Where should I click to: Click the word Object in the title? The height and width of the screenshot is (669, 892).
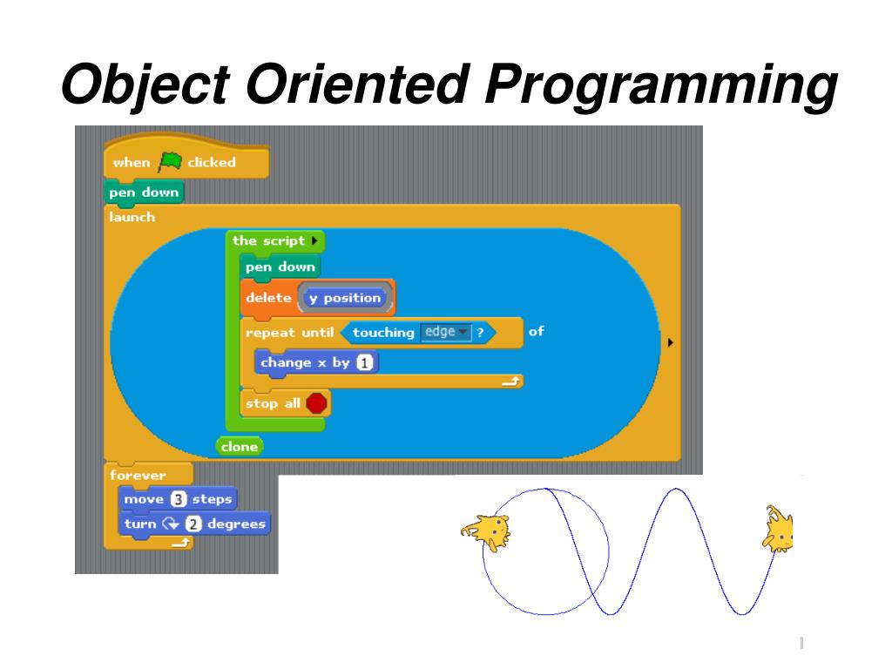coord(149,87)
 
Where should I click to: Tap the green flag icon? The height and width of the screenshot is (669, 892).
coord(169,162)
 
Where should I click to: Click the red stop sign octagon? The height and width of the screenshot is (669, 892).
coord(317,403)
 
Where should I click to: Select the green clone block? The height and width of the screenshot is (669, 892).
coord(240,447)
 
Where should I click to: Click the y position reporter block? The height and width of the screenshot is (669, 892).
coord(345,298)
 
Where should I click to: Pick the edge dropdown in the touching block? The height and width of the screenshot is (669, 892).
coord(445,332)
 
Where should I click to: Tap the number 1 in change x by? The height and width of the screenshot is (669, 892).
coord(364,363)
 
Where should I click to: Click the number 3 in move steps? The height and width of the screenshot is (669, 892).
coord(179,500)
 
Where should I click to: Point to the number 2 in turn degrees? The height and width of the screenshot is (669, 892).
coord(193,524)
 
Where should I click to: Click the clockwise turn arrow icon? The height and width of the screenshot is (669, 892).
coord(169,524)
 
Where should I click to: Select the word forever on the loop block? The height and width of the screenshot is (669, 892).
coord(137,476)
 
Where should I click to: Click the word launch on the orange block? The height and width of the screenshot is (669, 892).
coord(132,217)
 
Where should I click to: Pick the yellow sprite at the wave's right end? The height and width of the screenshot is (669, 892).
coord(778,529)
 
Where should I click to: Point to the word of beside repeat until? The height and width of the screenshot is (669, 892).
coord(536,331)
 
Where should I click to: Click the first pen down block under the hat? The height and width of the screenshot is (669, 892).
coord(144,193)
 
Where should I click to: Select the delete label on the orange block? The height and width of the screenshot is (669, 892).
coord(268,298)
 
